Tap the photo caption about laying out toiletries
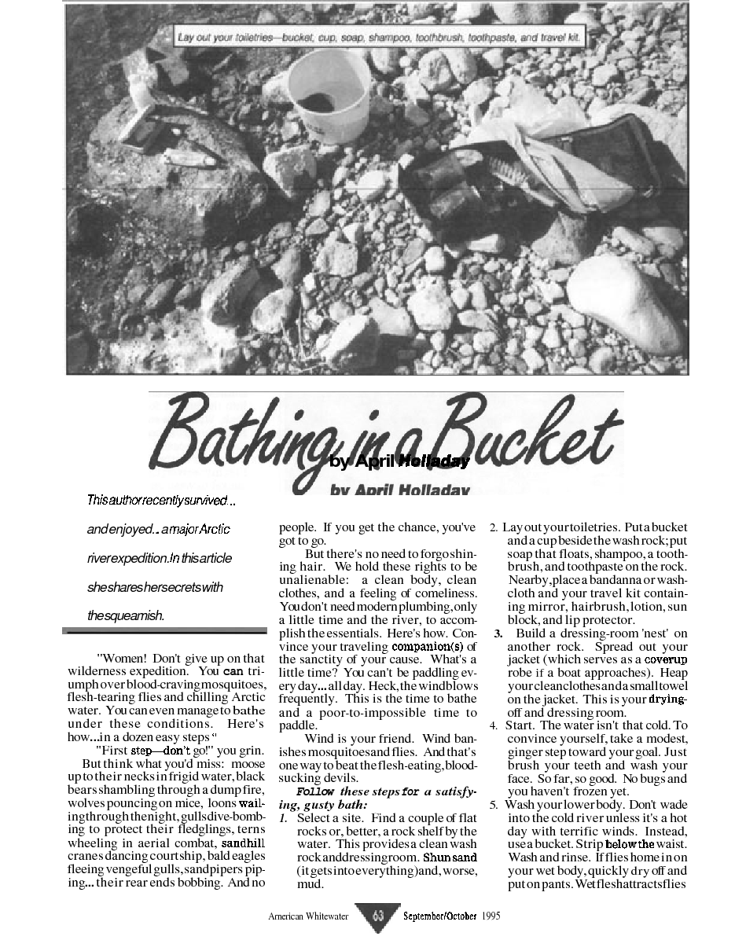[380, 37]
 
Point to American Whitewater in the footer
[308, 916]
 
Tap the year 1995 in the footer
[491, 916]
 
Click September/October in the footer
[440, 916]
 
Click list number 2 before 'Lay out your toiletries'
[494, 526]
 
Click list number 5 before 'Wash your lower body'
[494, 805]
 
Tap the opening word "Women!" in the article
[122, 658]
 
